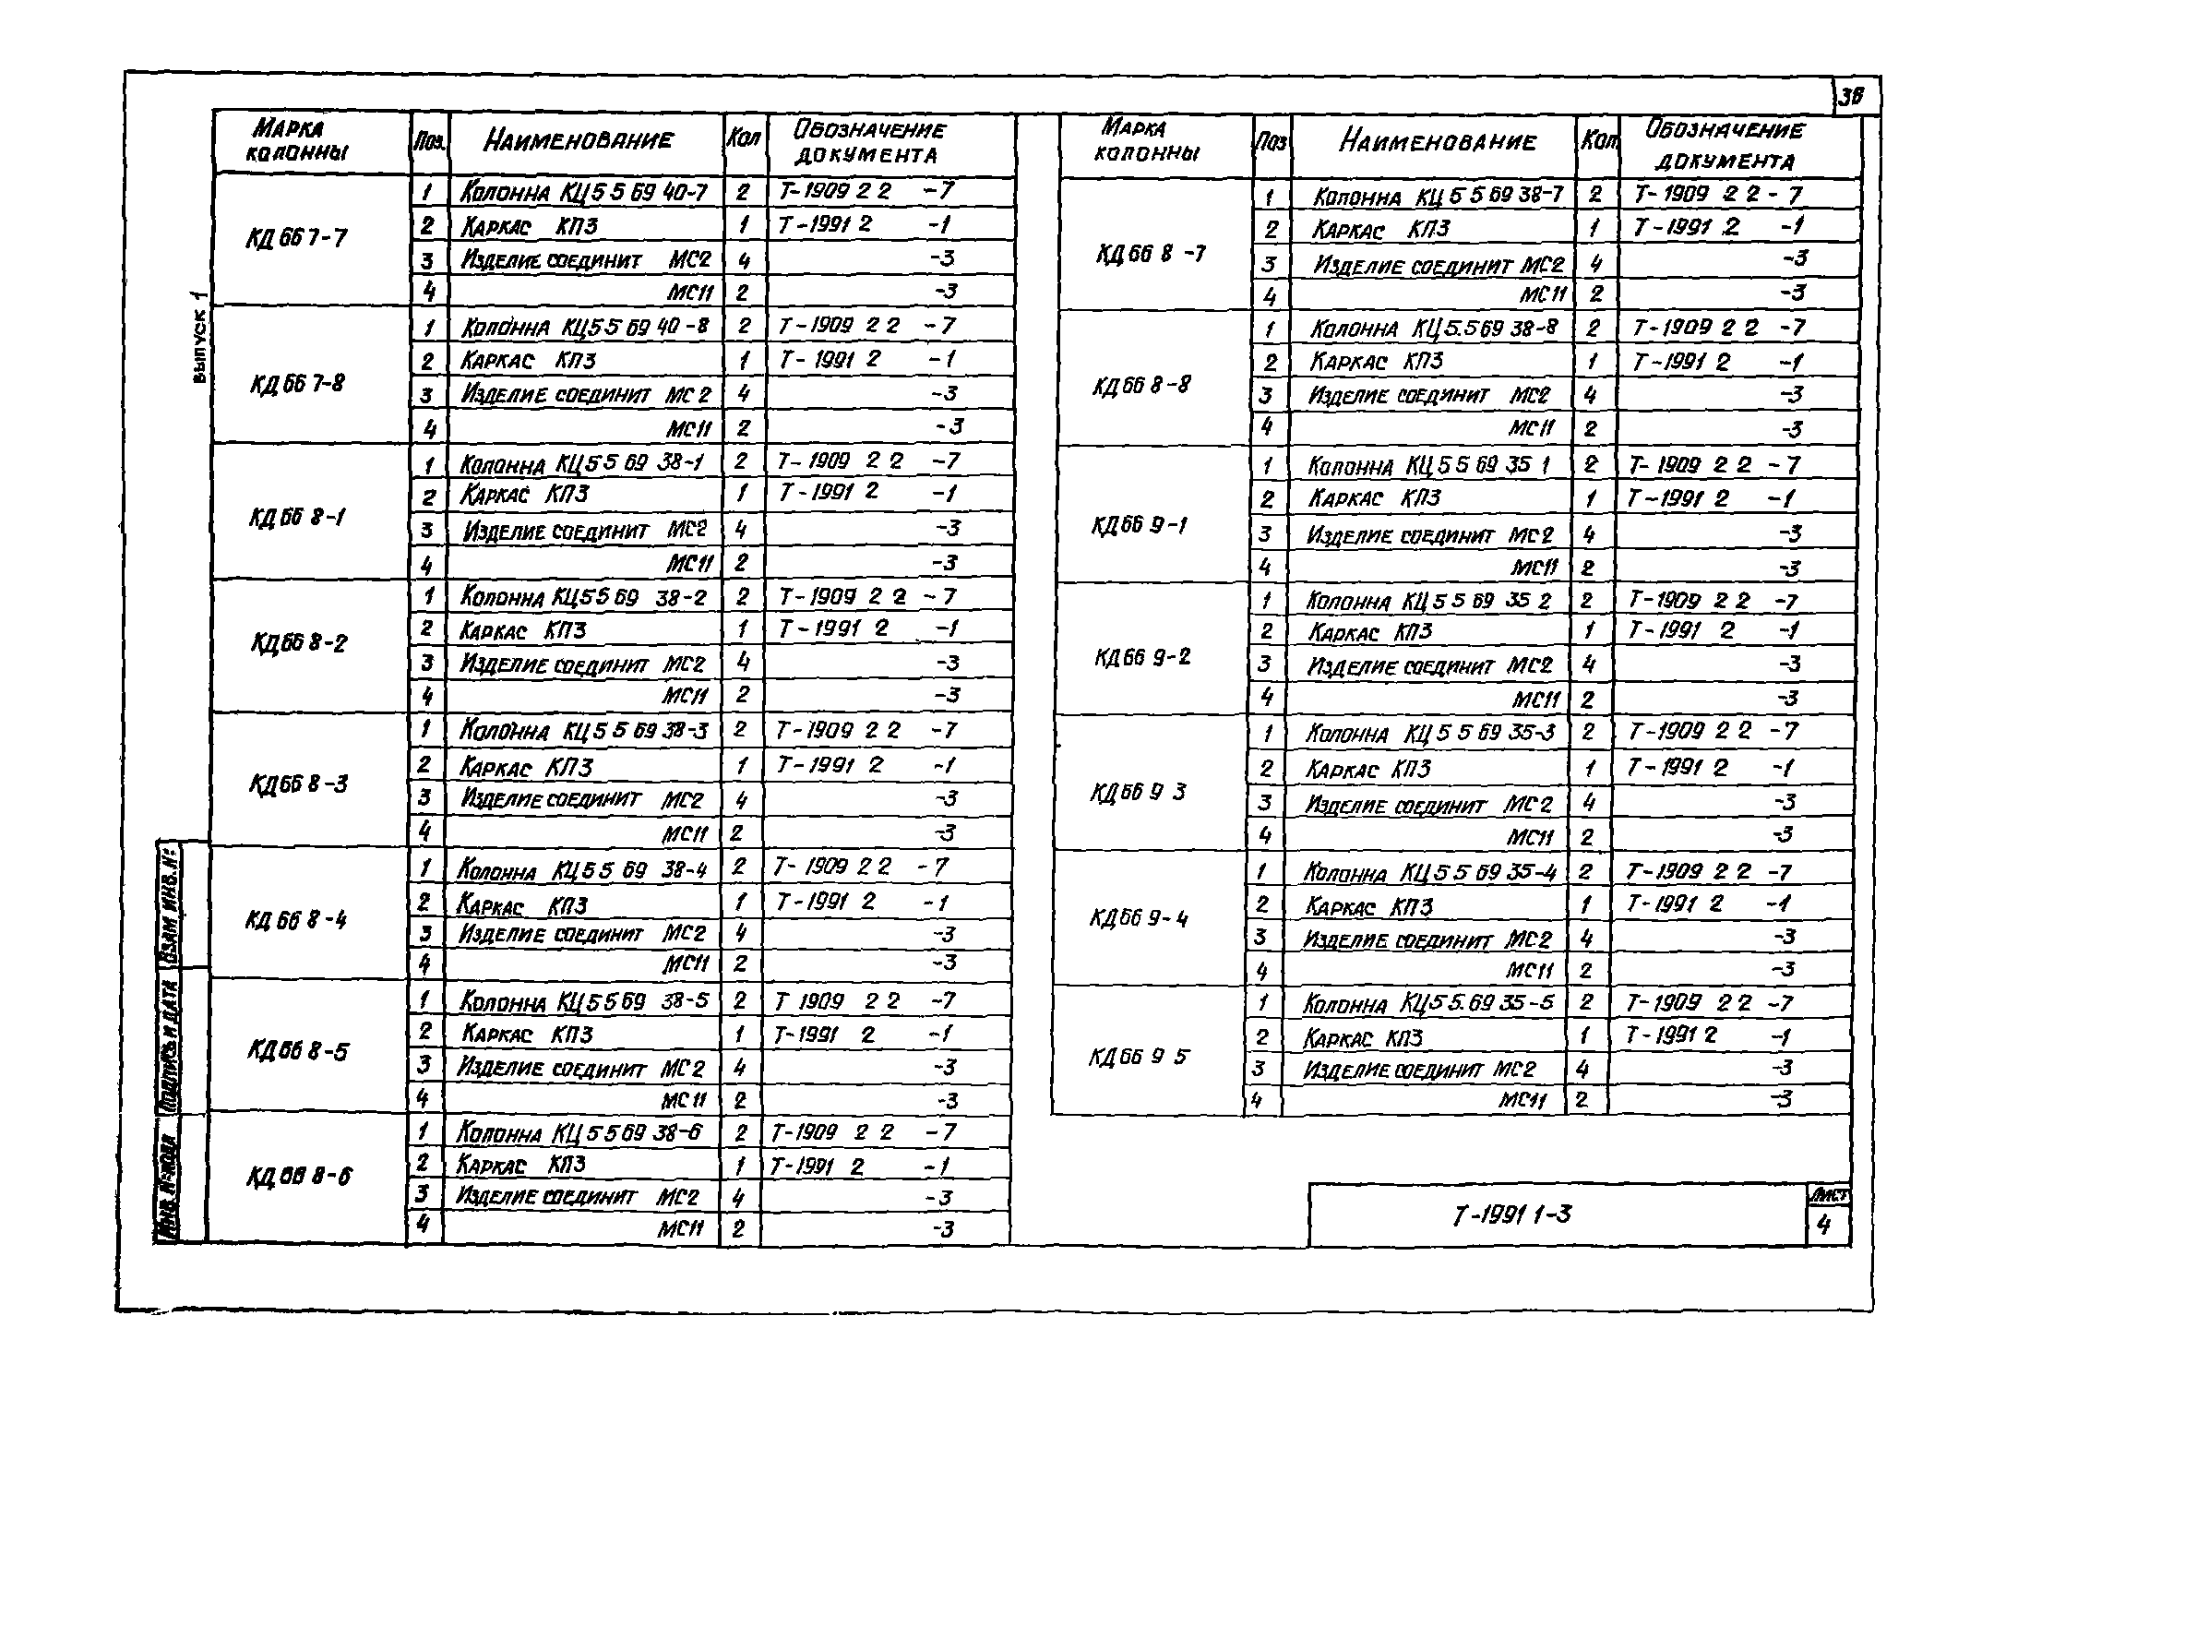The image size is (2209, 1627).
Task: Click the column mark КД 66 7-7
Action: pos(296,238)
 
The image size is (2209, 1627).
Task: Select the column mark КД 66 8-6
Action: pos(298,1176)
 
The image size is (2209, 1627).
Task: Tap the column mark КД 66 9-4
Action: pos(1139,919)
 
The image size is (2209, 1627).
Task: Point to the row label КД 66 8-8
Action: pos(1141,384)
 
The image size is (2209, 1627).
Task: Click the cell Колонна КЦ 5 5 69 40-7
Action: pos(584,192)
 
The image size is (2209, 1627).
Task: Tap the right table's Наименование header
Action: pos(1437,143)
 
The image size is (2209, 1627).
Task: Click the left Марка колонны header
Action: pos(296,141)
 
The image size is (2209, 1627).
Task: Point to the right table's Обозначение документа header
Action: pos(1725,145)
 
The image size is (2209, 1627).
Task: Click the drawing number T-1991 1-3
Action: pos(1511,1215)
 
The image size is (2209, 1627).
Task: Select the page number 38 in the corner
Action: pos(1852,97)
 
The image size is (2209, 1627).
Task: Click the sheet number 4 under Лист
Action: pos(1824,1226)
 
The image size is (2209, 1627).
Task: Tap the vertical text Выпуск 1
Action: pos(200,337)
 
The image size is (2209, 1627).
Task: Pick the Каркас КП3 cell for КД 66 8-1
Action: pos(526,495)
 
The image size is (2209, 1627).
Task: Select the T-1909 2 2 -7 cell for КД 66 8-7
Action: pos(1716,195)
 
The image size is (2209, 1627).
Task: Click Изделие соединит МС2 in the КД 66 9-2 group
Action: pos(1429,666)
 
